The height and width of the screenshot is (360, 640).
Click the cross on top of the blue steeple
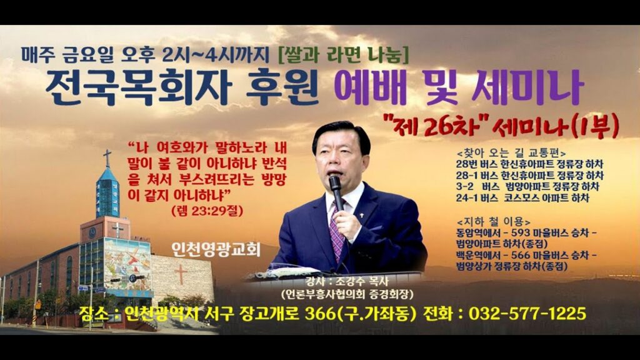pos(107,157)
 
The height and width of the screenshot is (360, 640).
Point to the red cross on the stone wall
pos(181,274)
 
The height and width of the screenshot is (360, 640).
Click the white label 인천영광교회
pos(216,249)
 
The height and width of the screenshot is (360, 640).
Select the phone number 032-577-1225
pos(527,314)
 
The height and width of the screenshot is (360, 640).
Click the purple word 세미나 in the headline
pos(527,87)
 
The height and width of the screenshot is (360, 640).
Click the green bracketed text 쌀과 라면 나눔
pos(343,55)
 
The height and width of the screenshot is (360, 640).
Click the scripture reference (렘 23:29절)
pos(207,211)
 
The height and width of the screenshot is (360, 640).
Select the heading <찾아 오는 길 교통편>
pos(511,154)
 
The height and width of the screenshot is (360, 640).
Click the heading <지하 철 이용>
pos(494,222)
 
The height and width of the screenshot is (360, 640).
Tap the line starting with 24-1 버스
pos(523,198)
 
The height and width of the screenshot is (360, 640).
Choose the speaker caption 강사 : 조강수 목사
pos(347,281)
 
